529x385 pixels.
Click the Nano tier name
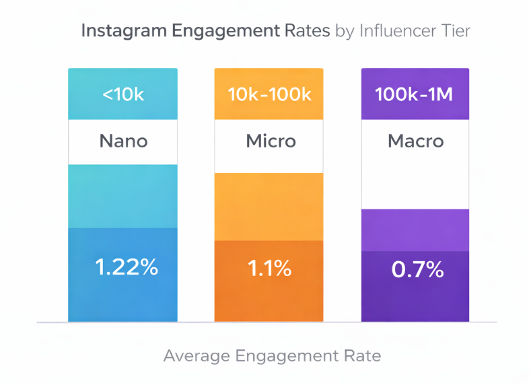coord(123,141)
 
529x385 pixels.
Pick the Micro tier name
coord(270,141)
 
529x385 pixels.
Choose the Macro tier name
coord(416,141)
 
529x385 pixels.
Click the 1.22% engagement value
coord(126,267)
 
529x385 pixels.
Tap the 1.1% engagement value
coord(270,269)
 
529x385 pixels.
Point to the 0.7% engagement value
coord(417,271)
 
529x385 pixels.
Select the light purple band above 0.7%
coord(416,230)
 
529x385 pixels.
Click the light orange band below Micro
coord(270,206)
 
